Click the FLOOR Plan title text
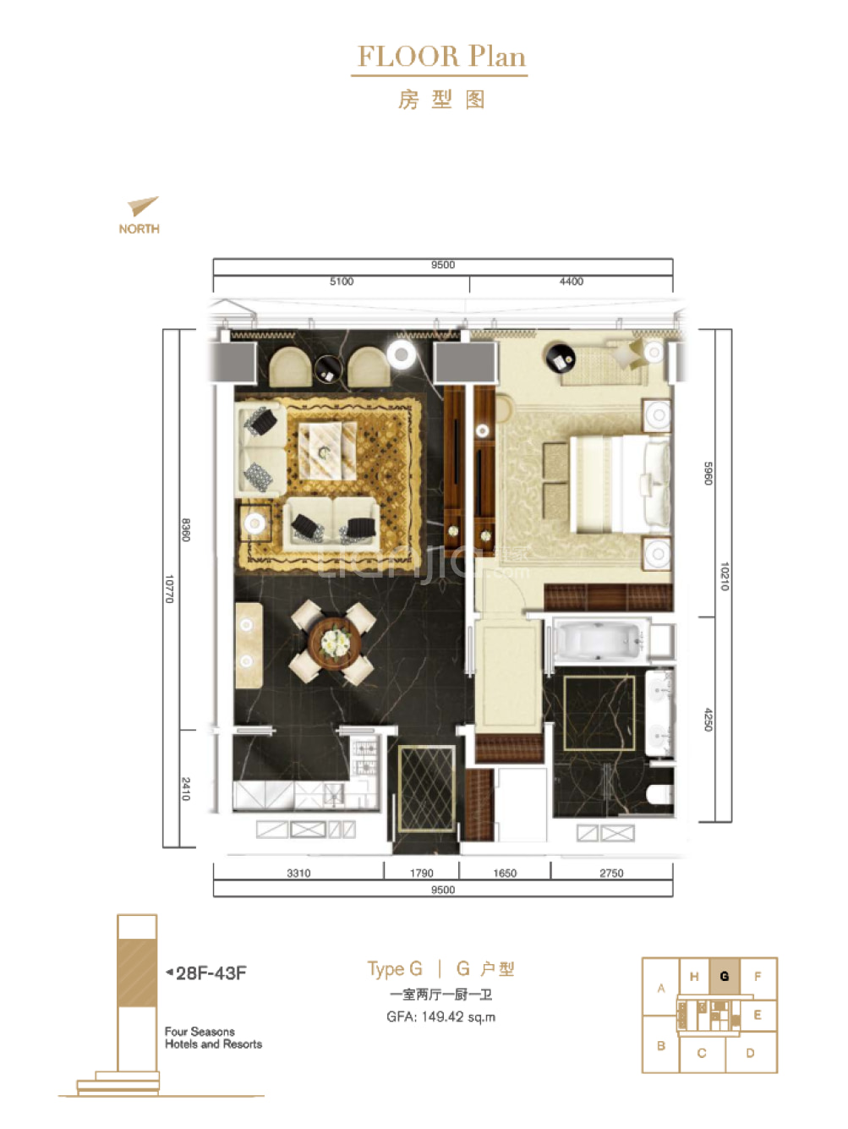coord(440,57)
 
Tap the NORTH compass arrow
coord(143,206)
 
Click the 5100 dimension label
coord(342,282)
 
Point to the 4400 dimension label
coord(571,282)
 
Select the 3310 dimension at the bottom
coord(298,873)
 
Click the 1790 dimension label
coord(421,873)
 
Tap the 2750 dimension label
coord(611,873)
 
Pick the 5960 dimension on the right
coord(708,474)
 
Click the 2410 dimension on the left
coord(186,789)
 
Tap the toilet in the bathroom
coord(659,795)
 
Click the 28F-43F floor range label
coord(211,973)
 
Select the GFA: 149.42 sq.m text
coord(440,1017)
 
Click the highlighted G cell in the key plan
coord(725,976)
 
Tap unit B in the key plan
coord(661,1045)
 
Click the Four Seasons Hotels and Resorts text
coord(213,1038)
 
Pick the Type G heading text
coord(395,969)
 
